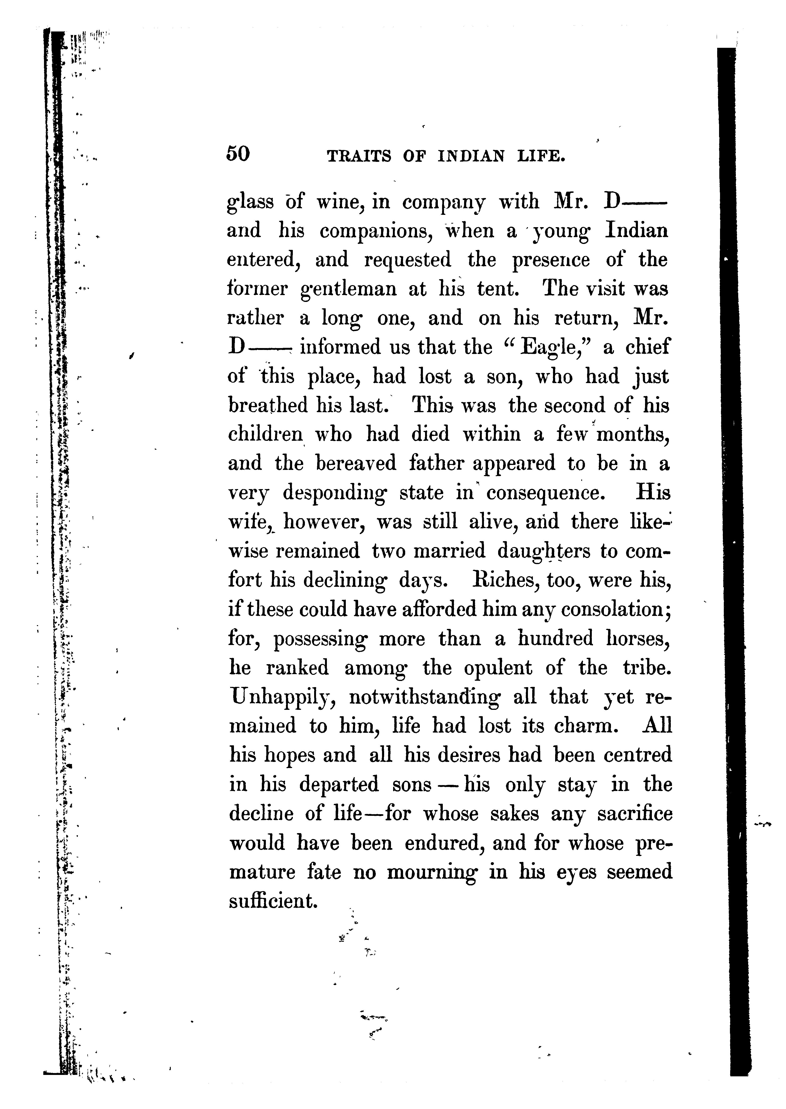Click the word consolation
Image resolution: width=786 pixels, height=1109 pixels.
612,610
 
